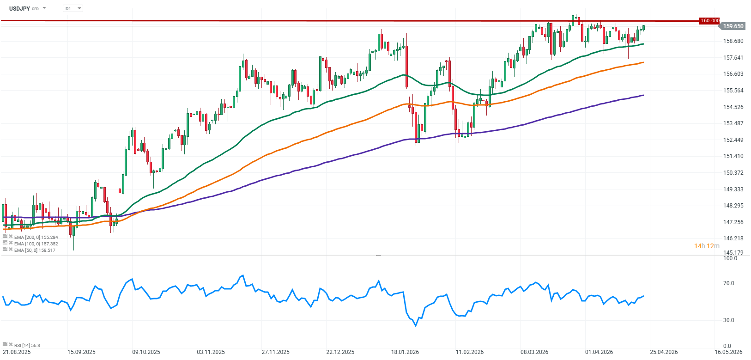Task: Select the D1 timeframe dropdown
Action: coord(73,8)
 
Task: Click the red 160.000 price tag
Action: coord(709,21)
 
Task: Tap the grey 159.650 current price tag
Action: coord(733,26)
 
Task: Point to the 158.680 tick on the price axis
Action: coord(733,41)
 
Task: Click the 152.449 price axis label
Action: coord(733,140)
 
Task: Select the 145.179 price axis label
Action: coord(733,253)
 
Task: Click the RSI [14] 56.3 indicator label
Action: coord(27,345)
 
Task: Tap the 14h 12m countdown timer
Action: coord(707,246)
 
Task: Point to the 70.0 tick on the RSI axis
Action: coord(728,283)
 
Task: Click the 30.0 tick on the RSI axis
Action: coord(728,320)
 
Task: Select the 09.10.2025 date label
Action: coord(146,352)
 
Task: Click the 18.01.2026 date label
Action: coord(405,352)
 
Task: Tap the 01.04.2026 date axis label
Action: coord(599,352)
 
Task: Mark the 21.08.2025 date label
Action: coord(17,352)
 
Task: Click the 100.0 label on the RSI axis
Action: coord(730,258)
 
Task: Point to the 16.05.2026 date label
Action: coord(728,352)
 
